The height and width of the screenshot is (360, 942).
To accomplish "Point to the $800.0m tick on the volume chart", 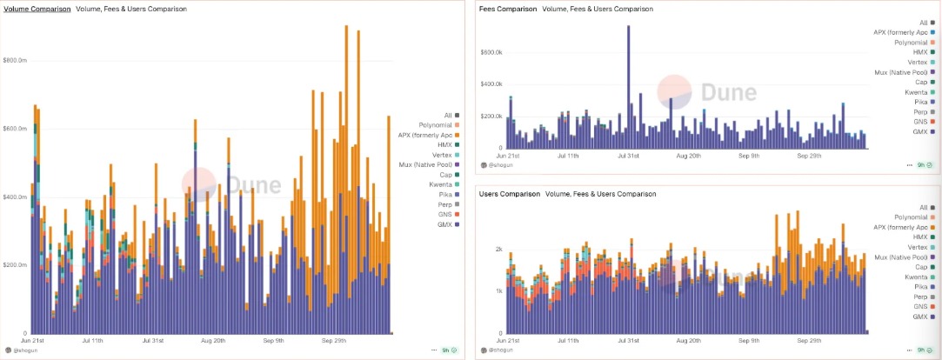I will click(x=16, y=61).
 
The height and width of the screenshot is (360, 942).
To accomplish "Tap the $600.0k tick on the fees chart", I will click(x=492, y=52).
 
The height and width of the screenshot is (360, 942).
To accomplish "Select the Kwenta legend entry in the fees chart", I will click(x=913, y=92).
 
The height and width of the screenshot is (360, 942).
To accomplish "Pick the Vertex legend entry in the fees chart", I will click(x=915, y=62).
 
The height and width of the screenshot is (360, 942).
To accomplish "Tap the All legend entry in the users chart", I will click(x=922, y=207).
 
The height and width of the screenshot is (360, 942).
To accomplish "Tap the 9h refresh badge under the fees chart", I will click(x=922, y=164).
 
